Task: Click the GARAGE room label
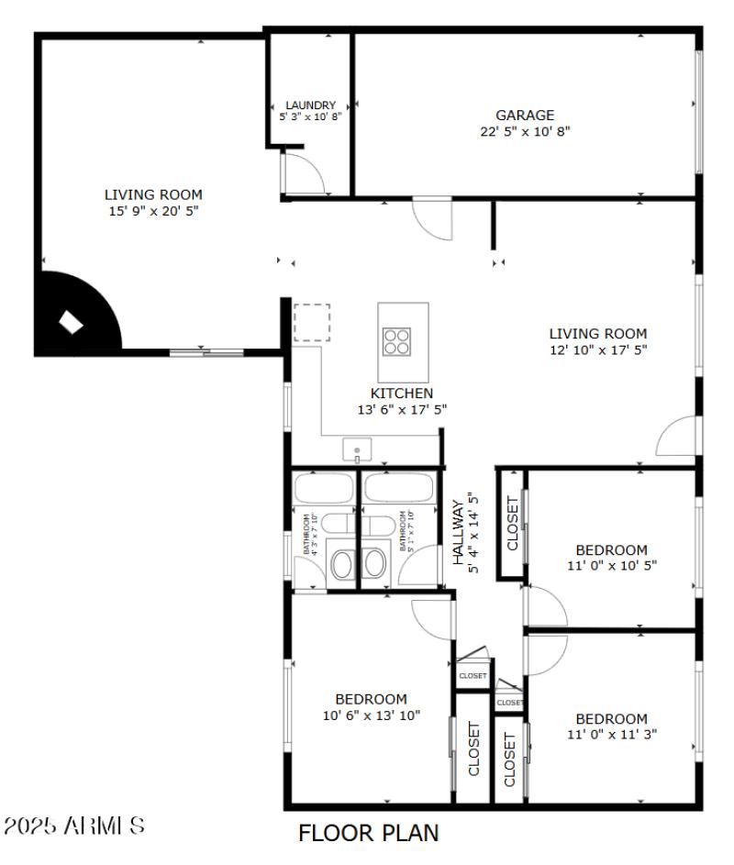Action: (x=525, y=116)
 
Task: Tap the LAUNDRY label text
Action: (x=310, y=105)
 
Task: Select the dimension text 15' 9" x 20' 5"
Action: (x=153, y=210)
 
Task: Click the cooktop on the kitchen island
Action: (x=397, y=341)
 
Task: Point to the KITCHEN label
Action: (x=402, y=394)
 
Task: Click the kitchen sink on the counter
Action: (x=357, y=450)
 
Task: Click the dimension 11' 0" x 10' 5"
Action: (x=612, y=565)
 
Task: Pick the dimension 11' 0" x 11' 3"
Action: (x=612, y=734)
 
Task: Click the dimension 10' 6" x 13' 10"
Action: (x=371, y=715)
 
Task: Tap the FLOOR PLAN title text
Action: (x=369, y=833)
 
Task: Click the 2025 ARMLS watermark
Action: (x=73, y=825)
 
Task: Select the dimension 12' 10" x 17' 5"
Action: (x=598, y=349)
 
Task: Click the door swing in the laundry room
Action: (x=299, y=174)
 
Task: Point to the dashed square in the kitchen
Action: (x=312, y=323)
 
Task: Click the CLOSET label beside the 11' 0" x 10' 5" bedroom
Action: (x=512, y=524)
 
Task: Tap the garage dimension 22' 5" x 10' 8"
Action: (x=525, y=131)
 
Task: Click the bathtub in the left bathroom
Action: (x=324, y=487)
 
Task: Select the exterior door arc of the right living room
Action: (x=677, y=437)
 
